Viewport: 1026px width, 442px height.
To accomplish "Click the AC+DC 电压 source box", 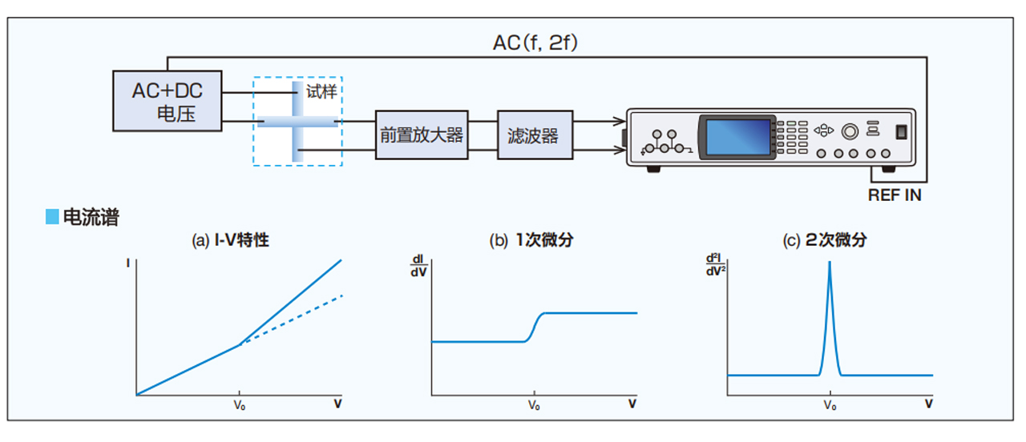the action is point(168,101).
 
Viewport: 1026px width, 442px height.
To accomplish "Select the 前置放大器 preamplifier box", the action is point(422,135).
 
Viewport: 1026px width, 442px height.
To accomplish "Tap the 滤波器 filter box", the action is point(535,135).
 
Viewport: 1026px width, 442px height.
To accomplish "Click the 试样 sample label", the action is point(321,91).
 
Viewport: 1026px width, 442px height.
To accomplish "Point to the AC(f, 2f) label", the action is point(535,43).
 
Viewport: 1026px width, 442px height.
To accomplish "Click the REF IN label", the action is point(895,195).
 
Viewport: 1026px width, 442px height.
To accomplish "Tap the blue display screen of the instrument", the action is point(738,136).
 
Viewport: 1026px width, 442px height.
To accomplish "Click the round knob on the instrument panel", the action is point(850,132).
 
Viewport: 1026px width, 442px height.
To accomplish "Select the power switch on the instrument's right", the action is point(902,132).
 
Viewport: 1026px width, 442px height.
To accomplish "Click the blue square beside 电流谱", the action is point(52,216).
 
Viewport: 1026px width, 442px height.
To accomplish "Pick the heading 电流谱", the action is point(91,217).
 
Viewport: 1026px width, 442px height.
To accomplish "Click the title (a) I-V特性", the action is point(230,240).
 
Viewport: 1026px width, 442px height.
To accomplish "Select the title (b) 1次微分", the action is point(531,240).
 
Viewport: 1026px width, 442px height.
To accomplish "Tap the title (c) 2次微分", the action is point(825,240).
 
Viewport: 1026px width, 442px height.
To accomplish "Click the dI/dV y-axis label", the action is point(418,266).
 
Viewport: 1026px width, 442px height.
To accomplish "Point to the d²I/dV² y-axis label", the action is point(716,265).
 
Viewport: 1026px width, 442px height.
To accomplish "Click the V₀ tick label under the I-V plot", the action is point(240,405).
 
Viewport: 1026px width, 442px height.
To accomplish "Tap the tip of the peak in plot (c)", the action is point(830,262).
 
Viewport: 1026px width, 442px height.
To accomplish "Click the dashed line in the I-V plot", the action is point(291,320).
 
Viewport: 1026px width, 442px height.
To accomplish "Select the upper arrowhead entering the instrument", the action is point(620,121).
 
